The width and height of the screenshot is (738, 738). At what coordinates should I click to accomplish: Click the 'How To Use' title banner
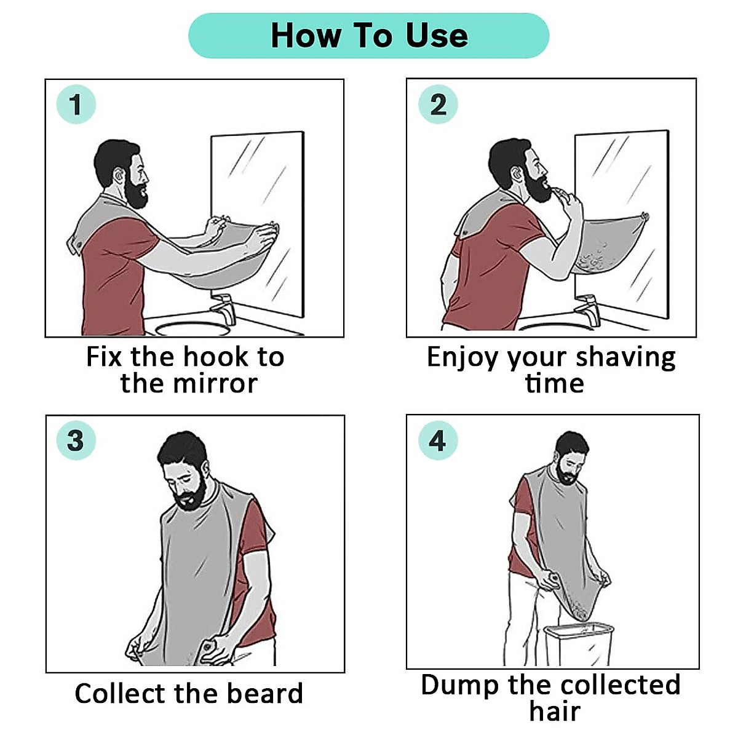368,36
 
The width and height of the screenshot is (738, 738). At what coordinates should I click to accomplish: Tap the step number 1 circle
76,105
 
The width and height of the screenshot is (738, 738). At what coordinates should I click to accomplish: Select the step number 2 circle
438,105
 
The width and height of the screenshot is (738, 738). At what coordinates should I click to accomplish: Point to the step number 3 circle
76,440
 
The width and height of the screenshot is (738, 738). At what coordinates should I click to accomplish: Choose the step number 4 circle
437,440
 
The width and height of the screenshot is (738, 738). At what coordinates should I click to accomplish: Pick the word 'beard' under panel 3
265,693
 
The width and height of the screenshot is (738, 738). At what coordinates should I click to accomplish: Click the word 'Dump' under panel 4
459,684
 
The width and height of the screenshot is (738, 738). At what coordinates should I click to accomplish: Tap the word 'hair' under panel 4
555,711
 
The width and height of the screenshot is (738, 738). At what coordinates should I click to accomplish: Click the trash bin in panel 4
579,643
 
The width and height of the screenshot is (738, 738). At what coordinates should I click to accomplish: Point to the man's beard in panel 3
187,496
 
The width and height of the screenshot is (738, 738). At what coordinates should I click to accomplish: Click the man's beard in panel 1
137,194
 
